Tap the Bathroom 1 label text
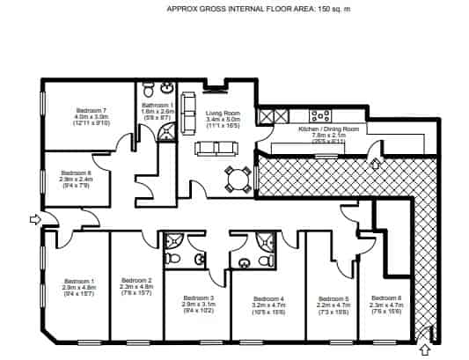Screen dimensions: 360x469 [x=158, y=105]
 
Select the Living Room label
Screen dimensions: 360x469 [x=224, y=113]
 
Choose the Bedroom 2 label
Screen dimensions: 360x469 [x=136, y=281]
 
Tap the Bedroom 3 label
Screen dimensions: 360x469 [x=198, y=298]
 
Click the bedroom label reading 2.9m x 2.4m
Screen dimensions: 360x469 [x=76, y=173]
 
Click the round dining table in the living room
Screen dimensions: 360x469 [x=234, y=180]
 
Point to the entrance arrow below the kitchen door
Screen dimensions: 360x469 [x=376, y=163]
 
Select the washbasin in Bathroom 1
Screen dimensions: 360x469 [x=167, y=90]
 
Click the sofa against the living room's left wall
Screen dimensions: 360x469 [x=187, y=114]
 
